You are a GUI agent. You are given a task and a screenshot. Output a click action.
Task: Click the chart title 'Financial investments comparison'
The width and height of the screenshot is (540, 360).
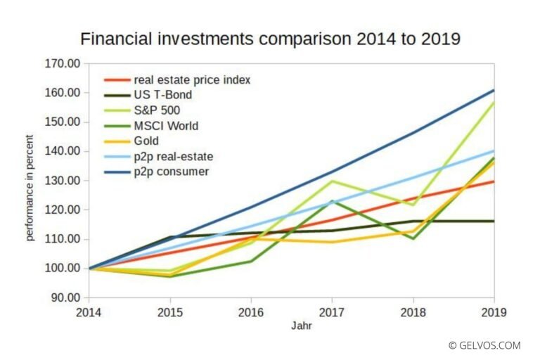[270, 39]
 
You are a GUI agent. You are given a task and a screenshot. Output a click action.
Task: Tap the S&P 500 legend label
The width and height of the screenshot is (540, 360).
[156, 110]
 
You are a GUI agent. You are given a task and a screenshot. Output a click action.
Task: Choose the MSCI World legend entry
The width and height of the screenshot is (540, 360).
[165, 126]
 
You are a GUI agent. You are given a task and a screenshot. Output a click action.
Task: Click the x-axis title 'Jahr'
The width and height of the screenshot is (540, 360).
[291, 326]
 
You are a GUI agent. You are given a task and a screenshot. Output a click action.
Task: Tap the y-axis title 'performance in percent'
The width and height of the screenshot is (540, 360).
[30, 180]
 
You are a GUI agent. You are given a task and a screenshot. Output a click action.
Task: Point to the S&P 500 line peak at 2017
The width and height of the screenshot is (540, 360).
[332, 181]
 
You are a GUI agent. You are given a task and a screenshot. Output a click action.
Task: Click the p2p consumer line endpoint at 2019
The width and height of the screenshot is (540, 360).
[494, 90]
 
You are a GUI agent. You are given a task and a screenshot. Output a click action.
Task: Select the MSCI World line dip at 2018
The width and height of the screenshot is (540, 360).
[413, 238]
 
